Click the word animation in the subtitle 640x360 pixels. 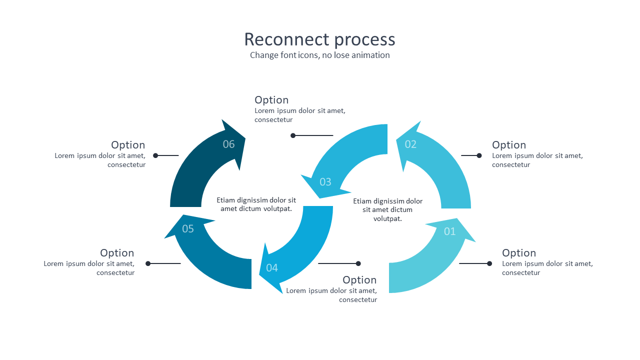tap(370, 55)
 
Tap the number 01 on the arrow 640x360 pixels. tap(449, 231)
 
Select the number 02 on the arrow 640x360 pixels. tap(410, 144)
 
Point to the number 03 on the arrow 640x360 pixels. tap(325, 182)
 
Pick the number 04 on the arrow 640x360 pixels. tap(272, 268)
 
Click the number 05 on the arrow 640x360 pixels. tap(188, 229)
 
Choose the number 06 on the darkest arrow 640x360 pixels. tap(228, 144)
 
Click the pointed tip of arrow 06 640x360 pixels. tap(245, 138)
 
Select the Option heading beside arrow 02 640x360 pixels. tap(509, 145)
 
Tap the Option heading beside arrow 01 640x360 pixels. tap(519, 253)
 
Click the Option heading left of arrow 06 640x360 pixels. tap(128, 145)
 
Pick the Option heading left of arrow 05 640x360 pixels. tap(117, 253)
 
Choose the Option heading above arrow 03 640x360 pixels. tap(271, 100)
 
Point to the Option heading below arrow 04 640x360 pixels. tap(359, 280)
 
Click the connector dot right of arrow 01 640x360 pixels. tap(489, 263)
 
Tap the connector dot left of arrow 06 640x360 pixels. tap(155, 155)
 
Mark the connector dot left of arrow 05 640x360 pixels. tap(148, 263)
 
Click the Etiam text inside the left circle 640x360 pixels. tap(256, 204)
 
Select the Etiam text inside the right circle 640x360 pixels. tap(387, 209)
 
